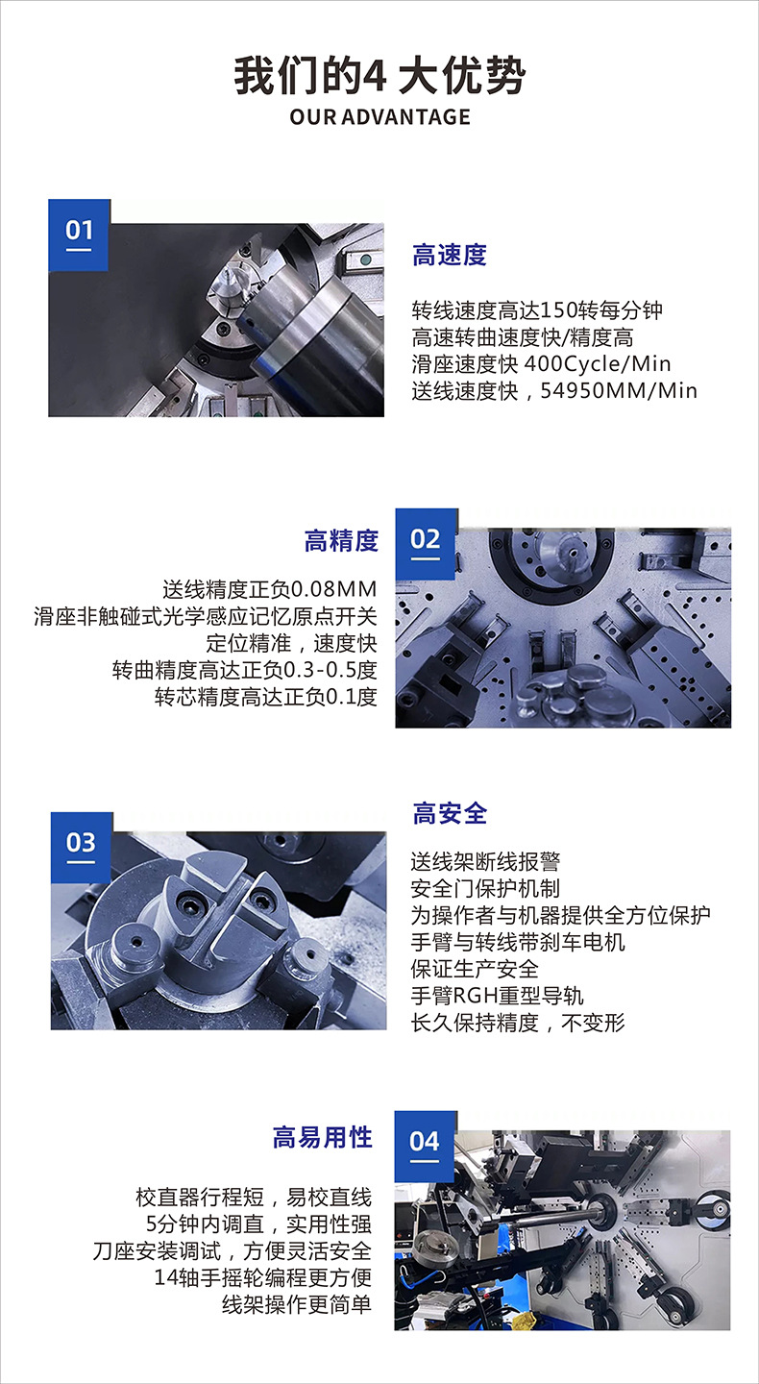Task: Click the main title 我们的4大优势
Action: coord(379,76)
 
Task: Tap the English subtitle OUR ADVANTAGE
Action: coord(379,117)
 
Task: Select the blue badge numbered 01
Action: coord(79,235)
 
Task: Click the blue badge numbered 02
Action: coord(427,544)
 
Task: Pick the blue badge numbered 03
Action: coord(82,847)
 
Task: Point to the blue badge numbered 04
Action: coord(426,1146)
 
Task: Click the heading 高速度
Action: coord(450,256)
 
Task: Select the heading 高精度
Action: coord(341,541)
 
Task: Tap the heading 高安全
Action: coord(450,813)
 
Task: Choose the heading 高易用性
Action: coord(323,1138)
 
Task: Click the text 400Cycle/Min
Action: coord(598,364)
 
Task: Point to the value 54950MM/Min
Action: coord(619,390)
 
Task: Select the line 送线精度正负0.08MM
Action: coord(270,589)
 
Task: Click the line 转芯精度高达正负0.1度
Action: coord(265,697)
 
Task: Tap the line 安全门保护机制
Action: coord(485,888)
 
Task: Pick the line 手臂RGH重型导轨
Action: coord(497,996)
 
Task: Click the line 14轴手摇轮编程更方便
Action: coord(262,1277)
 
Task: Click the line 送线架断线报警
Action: coord(485,861)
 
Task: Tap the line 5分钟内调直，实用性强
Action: coord(258,1224)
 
